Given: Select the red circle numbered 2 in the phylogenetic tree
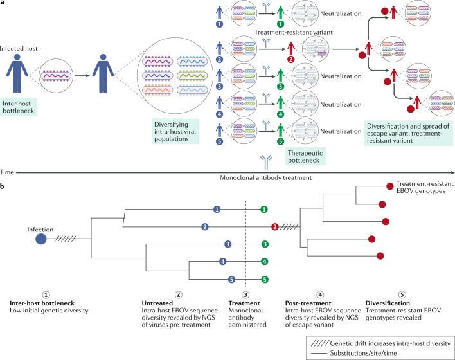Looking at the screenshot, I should [x=274, y=226].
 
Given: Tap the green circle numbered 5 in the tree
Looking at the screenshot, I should [x=264, y=280].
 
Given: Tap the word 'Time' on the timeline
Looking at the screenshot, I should [x=8, y=173].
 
